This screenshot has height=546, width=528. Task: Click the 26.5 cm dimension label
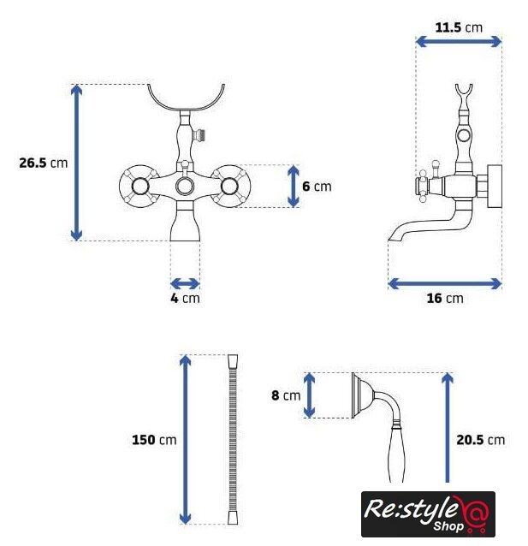[43, 163]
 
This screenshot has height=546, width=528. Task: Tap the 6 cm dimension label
[317, 187]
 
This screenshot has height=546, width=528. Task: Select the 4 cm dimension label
[185, 298]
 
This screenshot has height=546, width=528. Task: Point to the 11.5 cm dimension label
[459, 27]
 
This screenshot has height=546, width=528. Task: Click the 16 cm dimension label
[445, 298]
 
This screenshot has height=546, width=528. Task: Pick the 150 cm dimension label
[154, 440]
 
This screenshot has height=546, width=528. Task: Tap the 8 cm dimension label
[286, 395]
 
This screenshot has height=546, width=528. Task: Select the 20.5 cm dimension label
[480, 440]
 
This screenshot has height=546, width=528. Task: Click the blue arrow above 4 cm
[185, 283]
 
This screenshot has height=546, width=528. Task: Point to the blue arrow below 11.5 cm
[459, 42]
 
